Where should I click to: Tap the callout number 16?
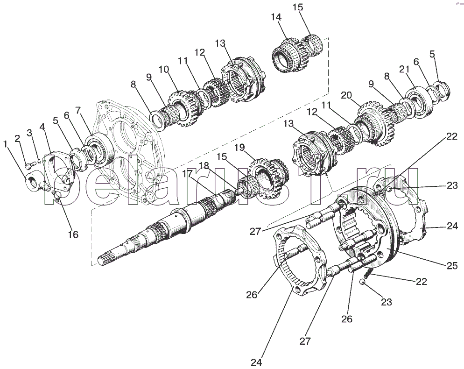click(x=73, y=234)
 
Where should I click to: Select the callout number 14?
click(x=276, y=17)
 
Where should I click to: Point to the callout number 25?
click(x=452, y=266)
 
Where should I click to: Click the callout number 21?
click(x=404, y=69)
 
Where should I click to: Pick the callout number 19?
click(x=240, y=147)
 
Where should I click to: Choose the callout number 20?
click(x=346, y=95)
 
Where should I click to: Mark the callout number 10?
click(x=164, y=70)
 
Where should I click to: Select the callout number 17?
click(x=187, y=174)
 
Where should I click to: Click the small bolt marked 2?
click(x=28, y=166)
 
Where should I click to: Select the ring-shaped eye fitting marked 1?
click(x=33, y=183)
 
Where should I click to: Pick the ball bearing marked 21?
click(x=419, y=102)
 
